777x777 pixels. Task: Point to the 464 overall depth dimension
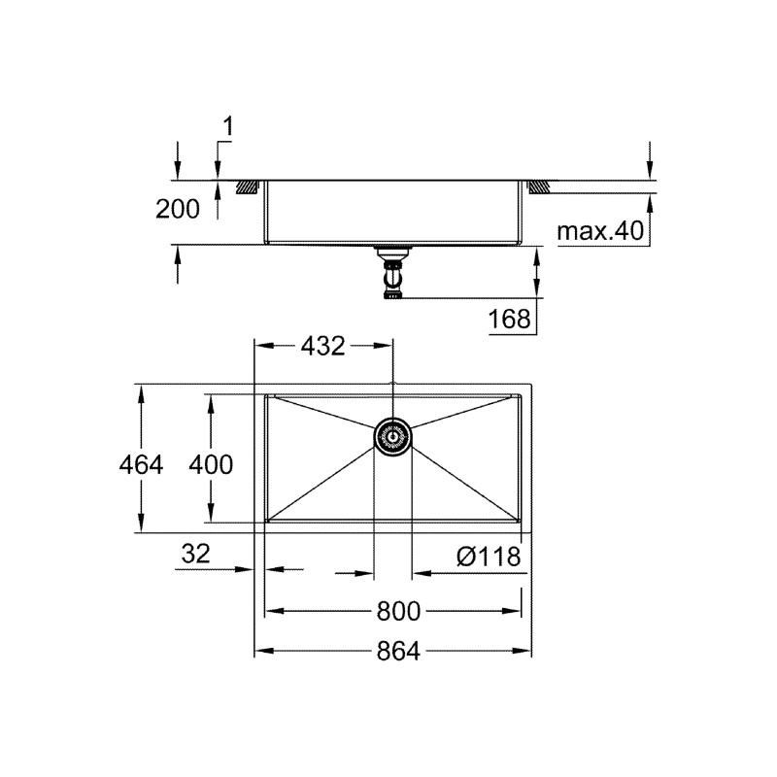click(x=142, y=465)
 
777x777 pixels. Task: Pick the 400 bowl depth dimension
click(x=211, y=465)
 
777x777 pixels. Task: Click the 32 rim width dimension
click(x=195, y=555)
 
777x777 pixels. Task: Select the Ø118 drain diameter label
click(x=489, y=556)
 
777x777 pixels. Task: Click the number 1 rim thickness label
click(x=228, y=125)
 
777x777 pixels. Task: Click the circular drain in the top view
click(x=392, y=437)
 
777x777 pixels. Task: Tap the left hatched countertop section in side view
click(x=247, y=185)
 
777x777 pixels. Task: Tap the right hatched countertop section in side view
click(x=539, y=185)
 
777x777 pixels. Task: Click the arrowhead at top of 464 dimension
click(x=142, y=389)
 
